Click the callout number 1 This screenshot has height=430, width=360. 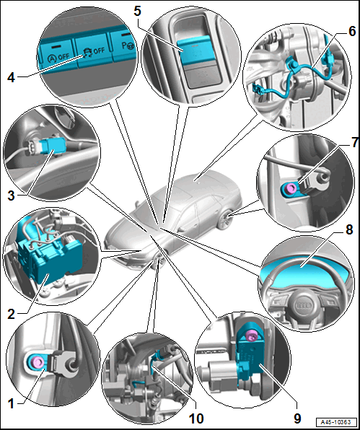click(x=11, y=404)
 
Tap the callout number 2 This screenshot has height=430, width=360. click(x=11, y=314)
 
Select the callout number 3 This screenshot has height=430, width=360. click(x=11, y=196)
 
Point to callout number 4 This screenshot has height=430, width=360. click(x=11, y=78)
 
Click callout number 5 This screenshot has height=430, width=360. click(x=137, y=11)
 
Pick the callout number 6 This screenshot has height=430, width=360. click(x=352, y=32)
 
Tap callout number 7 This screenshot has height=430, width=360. click(x=355, y=143)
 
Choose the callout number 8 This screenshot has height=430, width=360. click(x=349, y=230)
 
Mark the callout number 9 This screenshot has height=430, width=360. click(x=297, y=418)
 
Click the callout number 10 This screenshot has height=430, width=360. click(x=196, y=418)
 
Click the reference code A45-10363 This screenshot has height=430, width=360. click(x=336, y=422)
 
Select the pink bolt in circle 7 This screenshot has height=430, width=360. click(x=289, y=188)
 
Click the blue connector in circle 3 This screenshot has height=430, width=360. click(x=53, y=146)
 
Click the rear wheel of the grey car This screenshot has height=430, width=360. click(x=226, y=219)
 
